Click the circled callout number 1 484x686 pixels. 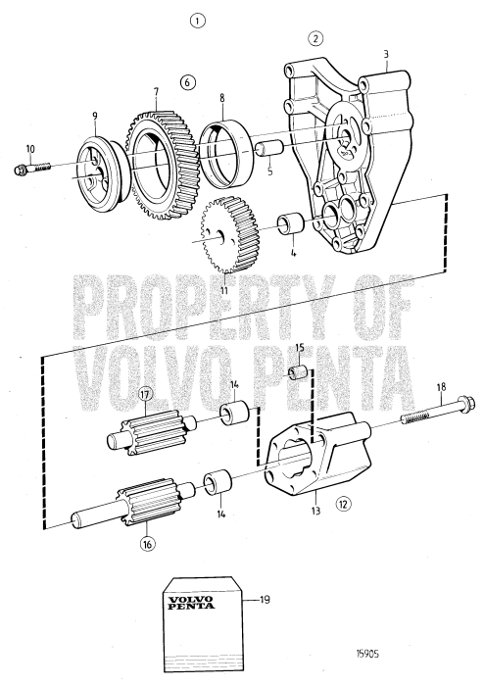[199, 20]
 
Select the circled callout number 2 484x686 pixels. [315, 39]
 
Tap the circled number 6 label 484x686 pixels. [189, 81]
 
